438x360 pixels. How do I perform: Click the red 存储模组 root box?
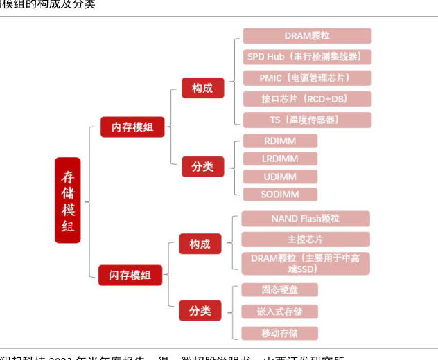(x=67, y=199)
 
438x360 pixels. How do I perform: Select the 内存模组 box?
(x=132, y=127)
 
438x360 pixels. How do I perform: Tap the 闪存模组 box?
(x=130, y=275)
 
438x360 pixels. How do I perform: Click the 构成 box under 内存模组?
(x=202, y=88)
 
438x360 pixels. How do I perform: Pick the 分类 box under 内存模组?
(x=202, y=166)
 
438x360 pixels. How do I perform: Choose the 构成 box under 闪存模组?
(x=200, y=244)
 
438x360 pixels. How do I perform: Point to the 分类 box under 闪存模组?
(x=200, y=311)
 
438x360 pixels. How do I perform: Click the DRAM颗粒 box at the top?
(x=307, y=36)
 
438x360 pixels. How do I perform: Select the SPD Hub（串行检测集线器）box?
(x=307, y=57)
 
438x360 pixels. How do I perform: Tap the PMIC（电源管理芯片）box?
(x=307, y=78)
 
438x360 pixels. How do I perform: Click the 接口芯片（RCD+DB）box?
(x=307, y=99)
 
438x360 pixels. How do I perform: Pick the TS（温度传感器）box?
(x=307, y=120)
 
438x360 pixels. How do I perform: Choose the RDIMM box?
(x=280, y=141)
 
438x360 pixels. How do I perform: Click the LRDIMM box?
(x=280, y=159)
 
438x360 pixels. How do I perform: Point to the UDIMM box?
(x=280, y=177)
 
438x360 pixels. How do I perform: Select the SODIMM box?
(x=280, y=195)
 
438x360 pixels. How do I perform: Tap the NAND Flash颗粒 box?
(x=306, y=219)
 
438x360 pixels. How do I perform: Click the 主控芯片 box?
(x=306, y=240)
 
